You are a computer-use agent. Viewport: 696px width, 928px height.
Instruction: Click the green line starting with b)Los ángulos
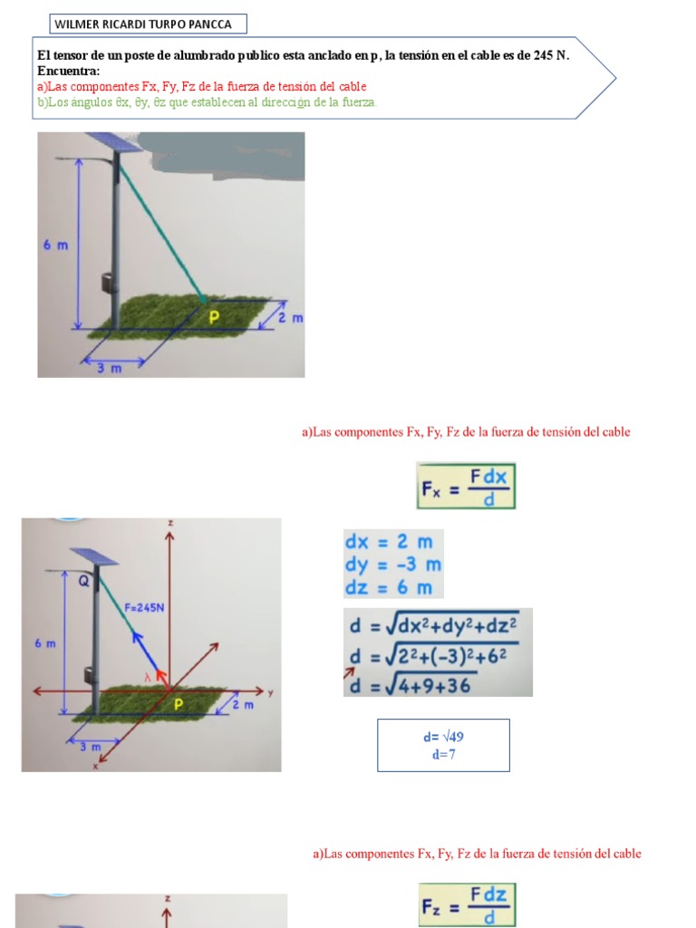(x=207, y=101)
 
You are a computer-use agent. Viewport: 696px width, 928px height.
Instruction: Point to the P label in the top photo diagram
(x=215, y=316)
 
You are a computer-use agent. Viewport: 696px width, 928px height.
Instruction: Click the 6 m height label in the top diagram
(x=55, y=246)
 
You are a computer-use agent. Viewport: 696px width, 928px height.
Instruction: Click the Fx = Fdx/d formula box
(x=466, y=485)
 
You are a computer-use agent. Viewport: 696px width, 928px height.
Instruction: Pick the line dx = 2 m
(x=389, y=542)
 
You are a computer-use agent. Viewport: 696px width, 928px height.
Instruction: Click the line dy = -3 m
(x=392, y=565)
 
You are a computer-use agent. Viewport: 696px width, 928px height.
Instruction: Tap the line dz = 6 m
(x=389, y=587)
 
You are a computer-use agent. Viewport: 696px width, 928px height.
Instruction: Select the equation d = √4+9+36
(x=410, y=685)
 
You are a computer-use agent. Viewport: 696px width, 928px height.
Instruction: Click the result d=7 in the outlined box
(x=443, y=754)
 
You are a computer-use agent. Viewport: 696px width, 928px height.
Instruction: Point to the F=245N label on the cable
(x=144, y=608)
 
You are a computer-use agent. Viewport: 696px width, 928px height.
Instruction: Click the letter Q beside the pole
(x=83, y=583)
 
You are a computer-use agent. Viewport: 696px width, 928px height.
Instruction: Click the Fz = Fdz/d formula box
(x=466, y=904)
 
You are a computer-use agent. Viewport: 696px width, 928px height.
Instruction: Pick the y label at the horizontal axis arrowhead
(x=270, y=692)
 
